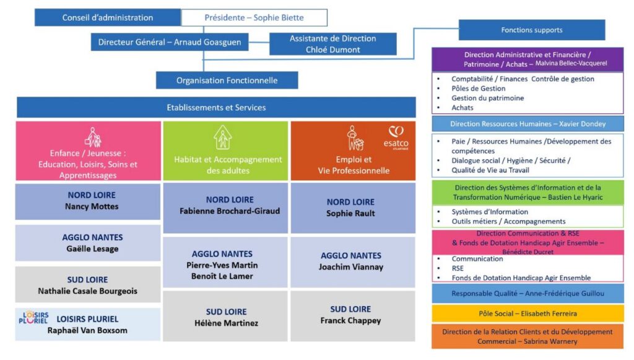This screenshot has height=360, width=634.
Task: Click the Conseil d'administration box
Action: tap(108, 17)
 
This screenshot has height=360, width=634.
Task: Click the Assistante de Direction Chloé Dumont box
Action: tap(332, 44)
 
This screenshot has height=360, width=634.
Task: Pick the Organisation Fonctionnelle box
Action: tap(227, 80)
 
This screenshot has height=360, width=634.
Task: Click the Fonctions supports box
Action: tap(531, 30)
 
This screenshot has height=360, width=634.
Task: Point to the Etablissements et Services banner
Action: tap(216, 107)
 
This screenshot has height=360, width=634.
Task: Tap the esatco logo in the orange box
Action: tap(396, 136)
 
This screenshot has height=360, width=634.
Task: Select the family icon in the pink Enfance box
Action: tap(93, 137)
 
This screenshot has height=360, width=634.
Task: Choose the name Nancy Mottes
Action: tap(92, 207)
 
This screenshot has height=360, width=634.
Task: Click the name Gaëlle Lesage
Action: tap(92, 249)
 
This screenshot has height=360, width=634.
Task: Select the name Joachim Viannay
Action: tap(351, 267)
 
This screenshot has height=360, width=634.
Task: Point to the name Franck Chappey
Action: tap(350, 320)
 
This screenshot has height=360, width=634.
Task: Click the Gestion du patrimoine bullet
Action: tap(487, 98)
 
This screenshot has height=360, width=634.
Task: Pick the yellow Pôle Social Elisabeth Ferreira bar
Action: tap(528, 314)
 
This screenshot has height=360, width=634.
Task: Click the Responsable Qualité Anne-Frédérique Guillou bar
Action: tap(528, 293)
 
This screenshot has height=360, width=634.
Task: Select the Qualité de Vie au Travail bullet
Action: tap(490, 170)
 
